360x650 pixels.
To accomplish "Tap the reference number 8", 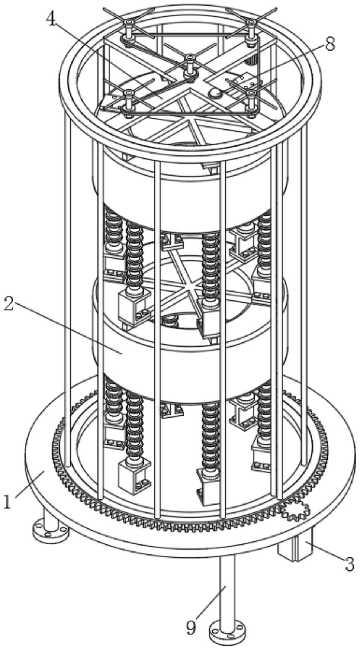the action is (x=330, y=44).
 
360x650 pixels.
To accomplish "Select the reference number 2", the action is (x=9, y=304).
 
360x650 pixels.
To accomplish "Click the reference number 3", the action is (x=350, y=564).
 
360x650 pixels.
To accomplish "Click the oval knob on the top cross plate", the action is (x=215, y=93).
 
